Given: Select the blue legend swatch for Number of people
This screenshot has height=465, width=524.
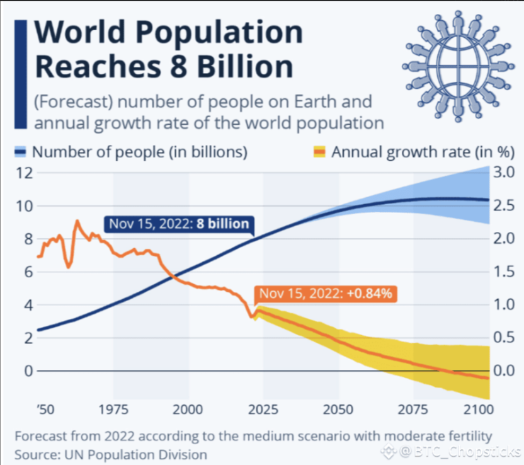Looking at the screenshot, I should coord(21,151).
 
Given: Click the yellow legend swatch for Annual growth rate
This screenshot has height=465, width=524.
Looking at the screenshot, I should coord(320,151).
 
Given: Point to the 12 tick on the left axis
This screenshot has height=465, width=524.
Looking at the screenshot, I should coord(23,173).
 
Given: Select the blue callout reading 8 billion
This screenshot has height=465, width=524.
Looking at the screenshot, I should coord(179,224).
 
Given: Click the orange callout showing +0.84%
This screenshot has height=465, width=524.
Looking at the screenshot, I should coord(325,294).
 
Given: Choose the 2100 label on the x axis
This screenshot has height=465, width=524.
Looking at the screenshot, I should coord(477,410).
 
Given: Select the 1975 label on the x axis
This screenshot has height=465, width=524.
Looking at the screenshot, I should coord(113,410).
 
